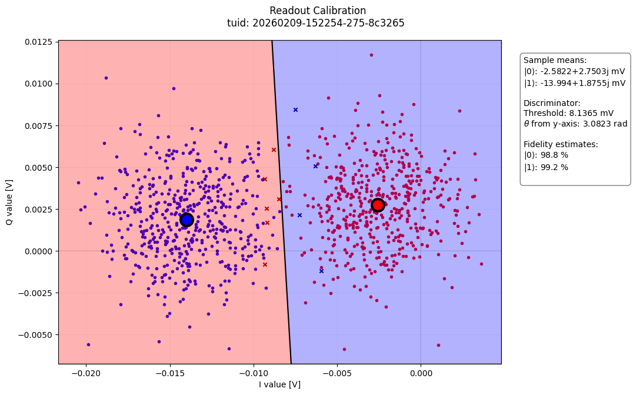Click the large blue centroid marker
pos(186,220)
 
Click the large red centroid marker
pos(378,205)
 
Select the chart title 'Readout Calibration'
pos(317,11)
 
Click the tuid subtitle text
pos(316,24)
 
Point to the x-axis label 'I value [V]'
pos(280,384)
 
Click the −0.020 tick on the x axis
pos(86,374)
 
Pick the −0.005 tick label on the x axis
pos(337,374)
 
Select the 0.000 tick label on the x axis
pos(421,374)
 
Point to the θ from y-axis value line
pos(575,124)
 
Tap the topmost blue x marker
pos(295,109)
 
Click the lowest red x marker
pos(265,264)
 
